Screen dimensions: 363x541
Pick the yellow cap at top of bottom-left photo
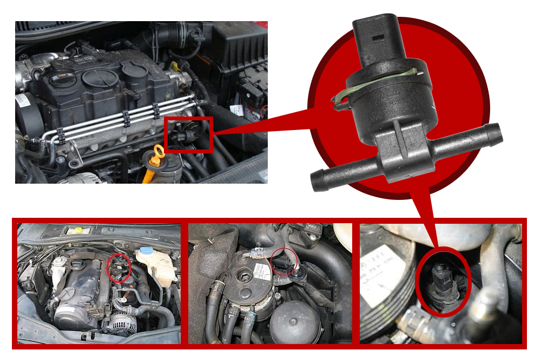[78, 230]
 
